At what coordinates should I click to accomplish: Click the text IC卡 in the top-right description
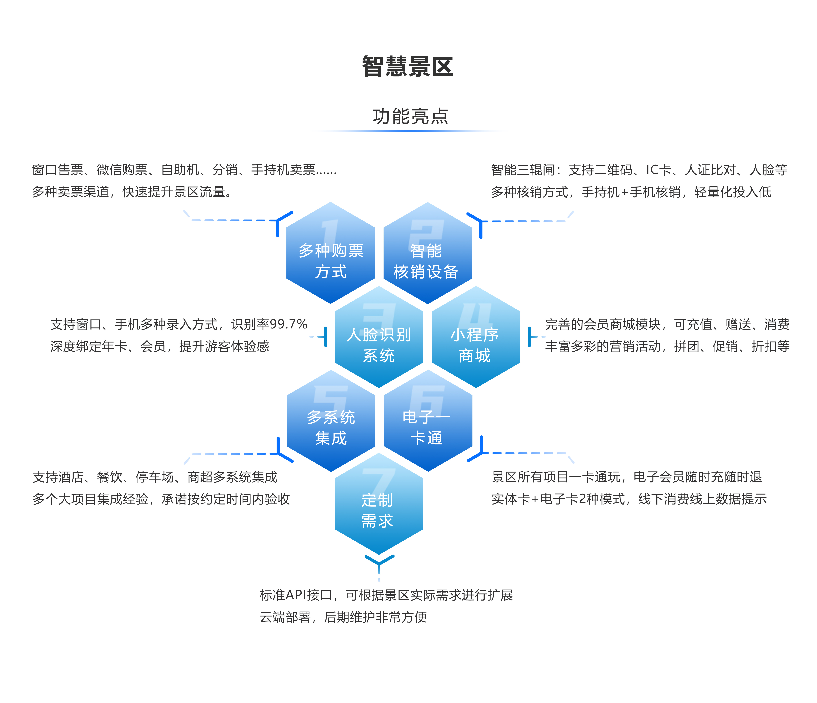point(659,170)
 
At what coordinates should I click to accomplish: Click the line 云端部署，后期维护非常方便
point(343,617)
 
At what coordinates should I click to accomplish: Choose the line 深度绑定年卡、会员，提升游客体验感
point(160,346)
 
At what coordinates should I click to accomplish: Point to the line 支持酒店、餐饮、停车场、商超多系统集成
point(155,477)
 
